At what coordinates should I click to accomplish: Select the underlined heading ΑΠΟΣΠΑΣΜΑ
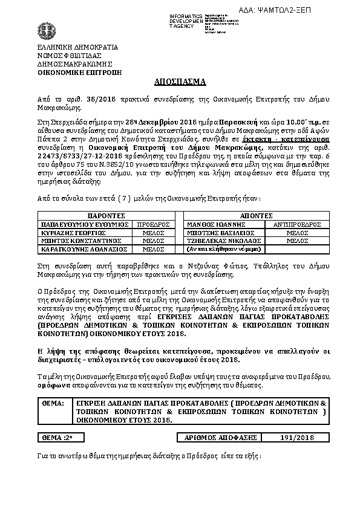[180, 80]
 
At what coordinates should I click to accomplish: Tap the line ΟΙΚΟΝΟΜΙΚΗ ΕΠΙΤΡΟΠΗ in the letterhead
[79, 71]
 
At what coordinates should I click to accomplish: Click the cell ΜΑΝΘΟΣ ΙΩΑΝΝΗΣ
[215, 224]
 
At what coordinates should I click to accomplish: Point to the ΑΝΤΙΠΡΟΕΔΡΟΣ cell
[297, 224]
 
